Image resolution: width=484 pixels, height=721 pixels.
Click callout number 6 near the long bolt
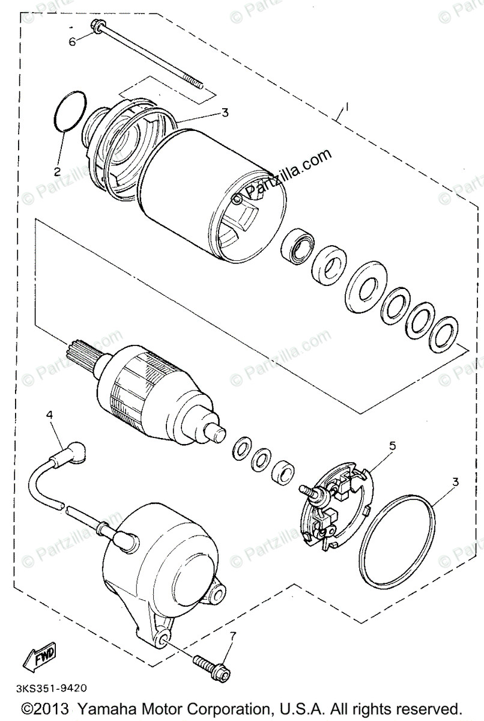[72, 41]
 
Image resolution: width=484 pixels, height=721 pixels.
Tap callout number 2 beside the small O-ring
[58, 171]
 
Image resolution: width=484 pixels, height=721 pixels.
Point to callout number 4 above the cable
[50, 414]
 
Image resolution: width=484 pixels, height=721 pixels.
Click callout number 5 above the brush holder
[393, 445]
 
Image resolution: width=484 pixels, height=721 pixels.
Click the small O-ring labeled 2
[68, 111]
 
